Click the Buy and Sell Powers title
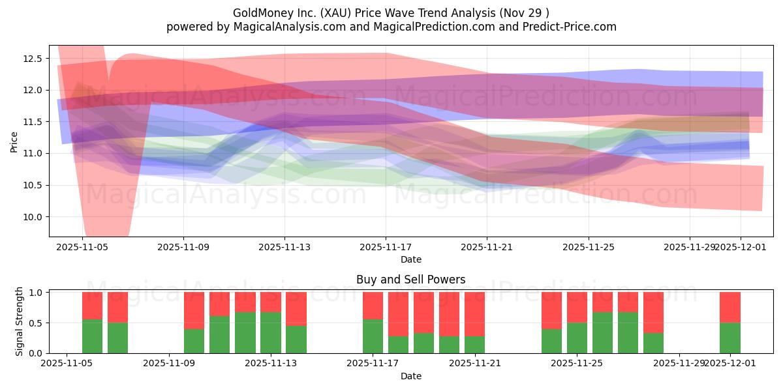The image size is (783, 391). (411, 280)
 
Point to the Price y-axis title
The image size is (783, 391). (14, 141)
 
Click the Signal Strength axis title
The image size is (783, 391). (20, 321)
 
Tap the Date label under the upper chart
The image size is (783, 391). (411, 259)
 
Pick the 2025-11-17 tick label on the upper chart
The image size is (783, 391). (386, 248)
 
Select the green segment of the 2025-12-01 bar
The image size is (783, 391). (730, 338)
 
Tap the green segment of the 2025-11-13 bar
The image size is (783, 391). (271, 332)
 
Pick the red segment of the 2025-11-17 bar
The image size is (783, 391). (373, 306)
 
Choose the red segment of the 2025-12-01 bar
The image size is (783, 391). (730, 308)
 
